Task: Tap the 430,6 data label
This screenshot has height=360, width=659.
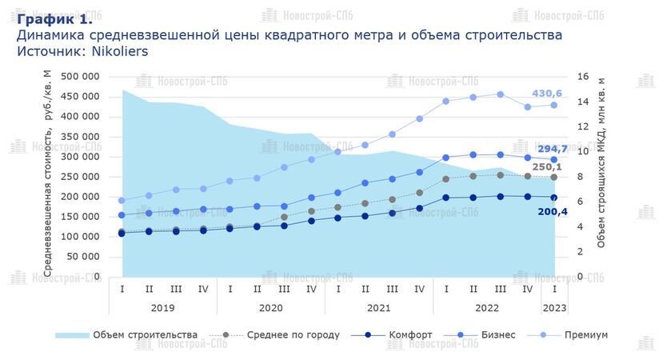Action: click(548, 94)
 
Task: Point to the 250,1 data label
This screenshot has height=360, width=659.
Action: click(547, 166)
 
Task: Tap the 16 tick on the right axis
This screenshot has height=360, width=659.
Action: click(583, 77)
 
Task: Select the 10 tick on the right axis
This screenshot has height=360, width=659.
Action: click(583, 152)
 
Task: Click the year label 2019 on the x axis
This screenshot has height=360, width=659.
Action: click(162, 307)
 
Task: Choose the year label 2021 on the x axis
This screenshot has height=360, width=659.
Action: click(378, 307)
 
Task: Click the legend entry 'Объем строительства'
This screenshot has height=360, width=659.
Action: click(145, 334)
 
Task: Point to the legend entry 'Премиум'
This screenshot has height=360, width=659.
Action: click(586, 334)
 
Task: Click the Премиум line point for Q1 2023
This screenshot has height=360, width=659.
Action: click(553, 105)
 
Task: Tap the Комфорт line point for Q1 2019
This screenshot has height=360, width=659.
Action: click(122, 234)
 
